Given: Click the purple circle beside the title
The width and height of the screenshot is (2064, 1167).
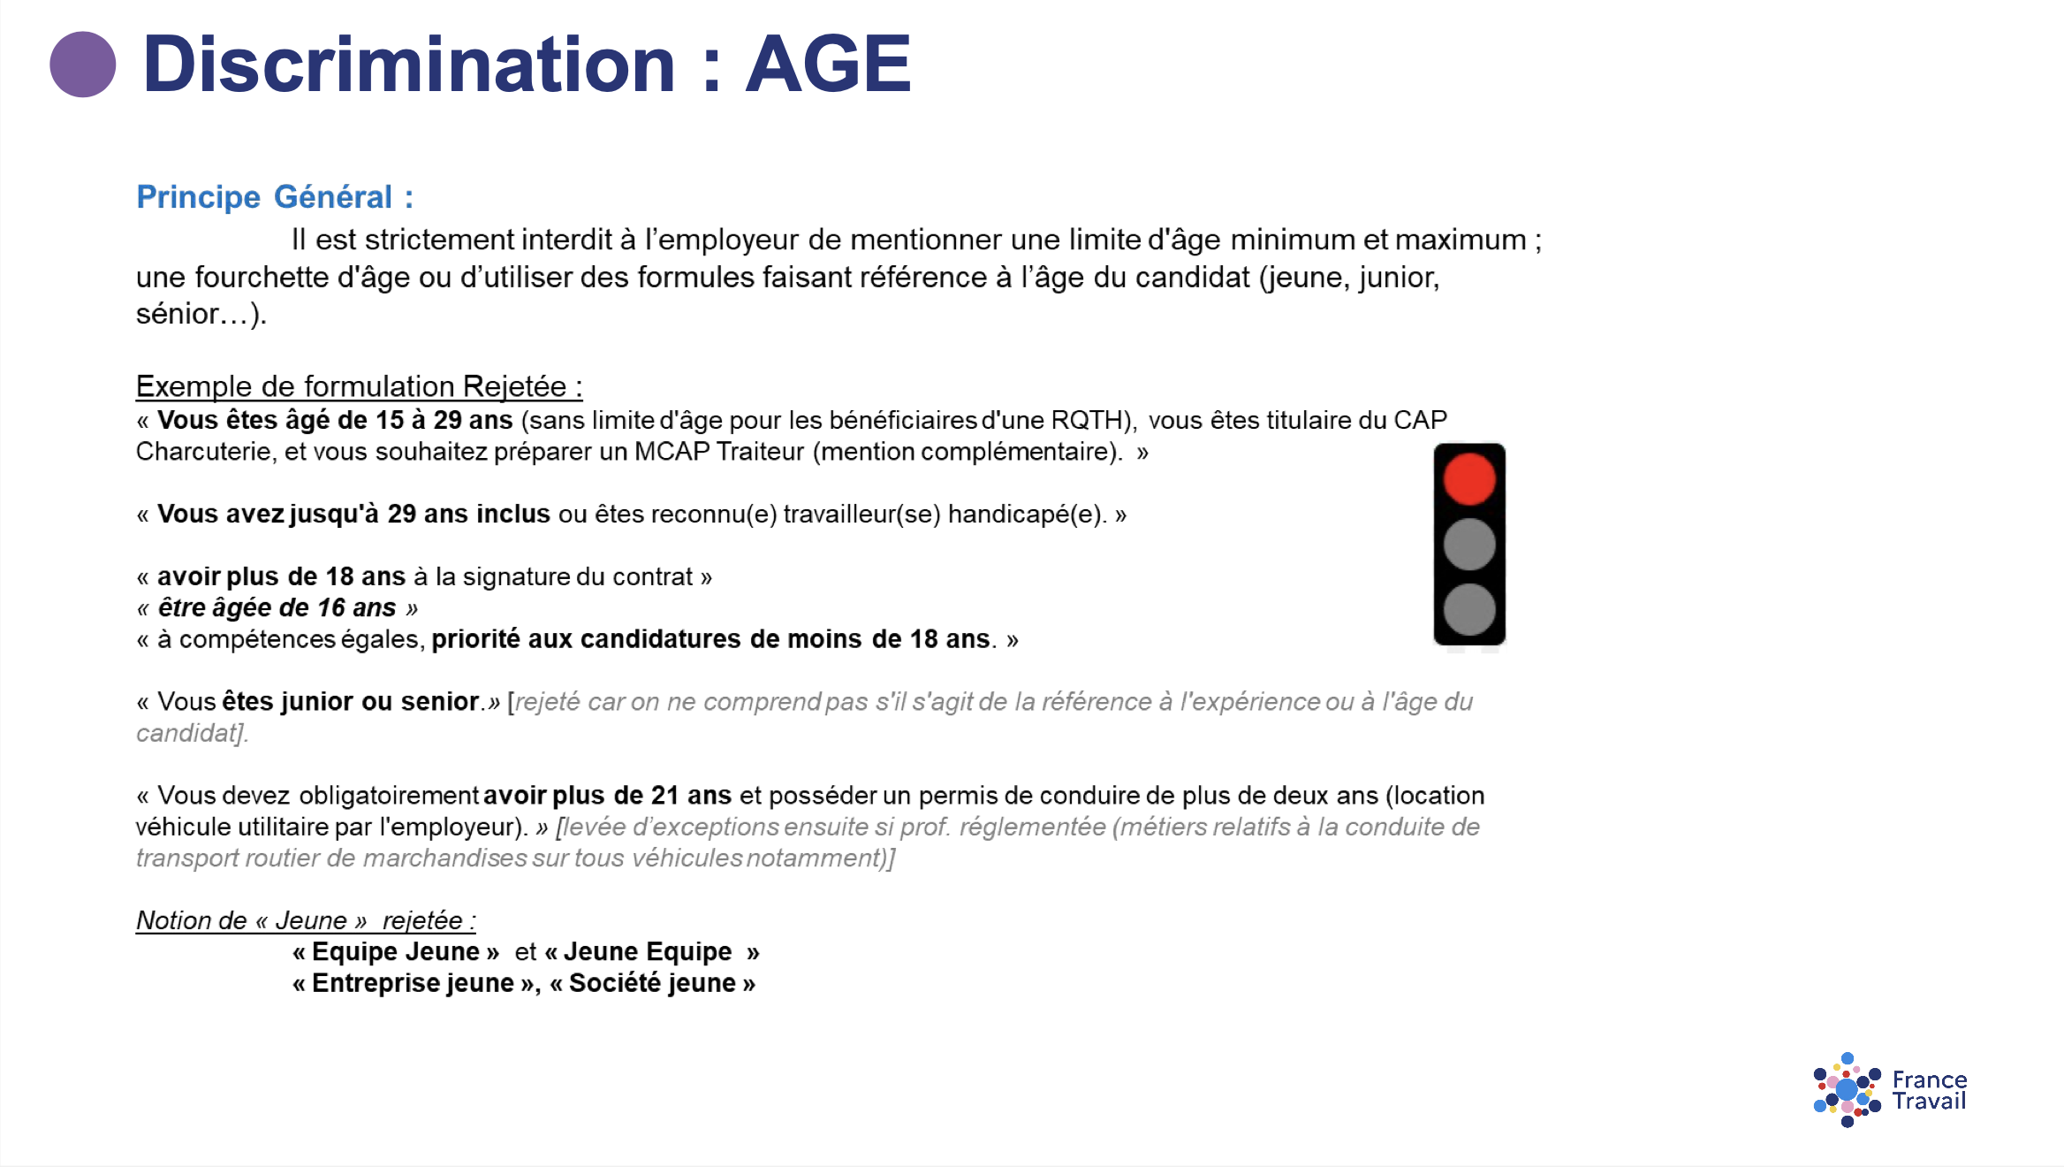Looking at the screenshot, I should point(82,65).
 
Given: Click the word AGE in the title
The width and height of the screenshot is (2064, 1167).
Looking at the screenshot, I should point(828,65).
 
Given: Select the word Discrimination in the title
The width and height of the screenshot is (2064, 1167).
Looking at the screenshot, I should point(409,65).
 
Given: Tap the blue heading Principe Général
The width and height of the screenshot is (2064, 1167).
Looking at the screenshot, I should point(274,196).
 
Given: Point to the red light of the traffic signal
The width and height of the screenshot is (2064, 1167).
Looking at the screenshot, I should point(1469,479).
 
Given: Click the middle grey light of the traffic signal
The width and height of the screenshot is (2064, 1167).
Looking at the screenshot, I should point(1469,545).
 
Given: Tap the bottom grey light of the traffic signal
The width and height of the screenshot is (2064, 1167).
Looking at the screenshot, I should point(1469,609).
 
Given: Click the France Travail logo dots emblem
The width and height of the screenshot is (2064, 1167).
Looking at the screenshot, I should point(1847,1090).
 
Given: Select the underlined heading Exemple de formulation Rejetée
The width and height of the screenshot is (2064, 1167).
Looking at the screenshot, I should point(359,386).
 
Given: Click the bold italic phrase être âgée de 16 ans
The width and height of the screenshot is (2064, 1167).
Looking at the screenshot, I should point(277,607).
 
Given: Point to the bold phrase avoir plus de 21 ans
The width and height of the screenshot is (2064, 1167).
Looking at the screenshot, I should point(607,795).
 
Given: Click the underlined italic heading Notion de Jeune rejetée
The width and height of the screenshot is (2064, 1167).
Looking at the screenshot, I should point(306,920).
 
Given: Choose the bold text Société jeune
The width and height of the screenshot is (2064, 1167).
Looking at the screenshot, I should point(652,983).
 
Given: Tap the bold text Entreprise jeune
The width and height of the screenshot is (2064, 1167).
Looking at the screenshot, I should point(413,983).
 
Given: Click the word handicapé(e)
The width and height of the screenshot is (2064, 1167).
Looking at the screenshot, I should point(1026,514).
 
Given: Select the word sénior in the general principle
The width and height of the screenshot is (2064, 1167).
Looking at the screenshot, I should point(177,314).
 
